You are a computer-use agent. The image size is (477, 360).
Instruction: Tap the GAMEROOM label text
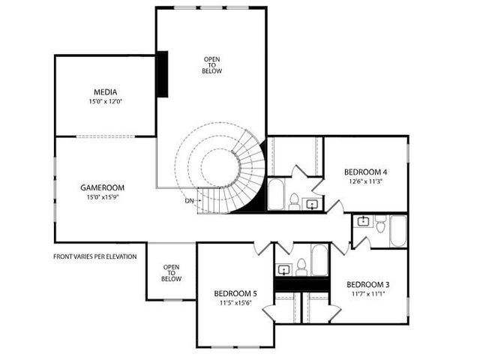102,187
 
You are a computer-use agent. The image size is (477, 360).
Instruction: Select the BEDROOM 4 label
365,170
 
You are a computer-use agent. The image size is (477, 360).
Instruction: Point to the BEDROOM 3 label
367,285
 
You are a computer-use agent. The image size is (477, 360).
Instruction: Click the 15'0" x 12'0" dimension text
104,101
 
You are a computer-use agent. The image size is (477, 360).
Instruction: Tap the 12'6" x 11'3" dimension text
365,180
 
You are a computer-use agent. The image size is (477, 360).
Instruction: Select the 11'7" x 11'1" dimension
367,295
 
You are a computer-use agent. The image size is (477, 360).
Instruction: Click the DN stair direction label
189,200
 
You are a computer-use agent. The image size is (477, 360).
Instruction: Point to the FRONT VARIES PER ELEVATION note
94,256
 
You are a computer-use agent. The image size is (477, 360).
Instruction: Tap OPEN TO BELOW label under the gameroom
171,273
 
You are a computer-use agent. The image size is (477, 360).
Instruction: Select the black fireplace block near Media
162,73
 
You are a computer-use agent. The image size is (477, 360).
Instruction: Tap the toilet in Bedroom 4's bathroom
295,201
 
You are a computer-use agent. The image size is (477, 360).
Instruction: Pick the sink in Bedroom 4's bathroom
312,202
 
